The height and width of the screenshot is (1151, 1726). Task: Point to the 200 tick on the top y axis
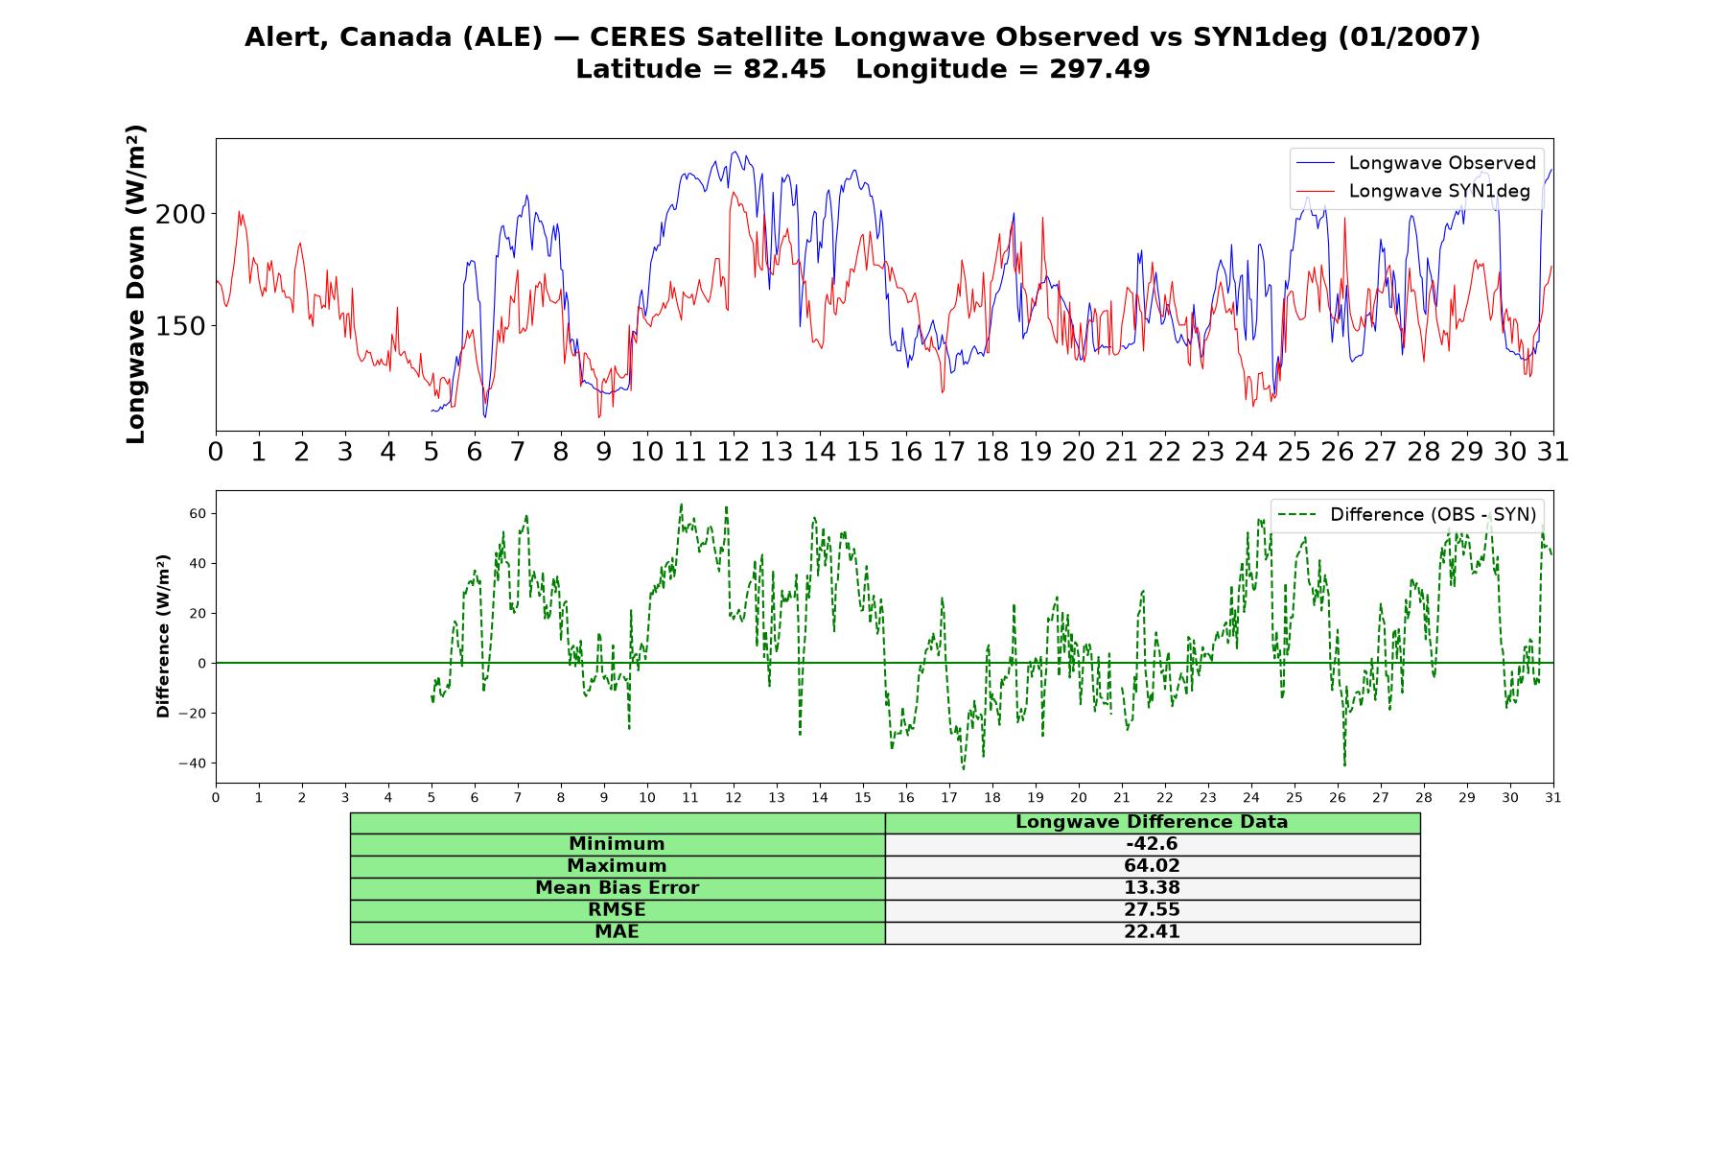(x=180, y=214)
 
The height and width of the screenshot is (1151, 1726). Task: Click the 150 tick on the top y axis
(x=180, y=326)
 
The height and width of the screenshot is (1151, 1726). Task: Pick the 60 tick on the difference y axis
(x=197, y=514)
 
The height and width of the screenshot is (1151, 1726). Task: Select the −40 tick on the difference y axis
(x=192, y=763)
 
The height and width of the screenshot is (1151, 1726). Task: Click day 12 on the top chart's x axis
(x=734, y=452)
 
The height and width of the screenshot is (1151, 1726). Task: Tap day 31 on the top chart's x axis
(x=1553, y=452)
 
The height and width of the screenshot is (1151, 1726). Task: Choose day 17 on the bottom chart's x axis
(x=949, y=797)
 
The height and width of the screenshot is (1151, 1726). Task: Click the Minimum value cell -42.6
(x=1152, y=844)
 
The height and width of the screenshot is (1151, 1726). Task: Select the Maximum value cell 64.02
(x=1152, y=866)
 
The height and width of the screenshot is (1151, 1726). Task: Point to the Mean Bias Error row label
(x=617, y=888)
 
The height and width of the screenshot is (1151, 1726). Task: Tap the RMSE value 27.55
(x=1152, y=910)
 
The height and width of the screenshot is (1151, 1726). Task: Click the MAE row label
(x=617, y=932)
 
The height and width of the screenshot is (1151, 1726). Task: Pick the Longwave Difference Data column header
(x=1152, y=822)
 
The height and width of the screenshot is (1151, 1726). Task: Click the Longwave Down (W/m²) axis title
(x=135, y=284)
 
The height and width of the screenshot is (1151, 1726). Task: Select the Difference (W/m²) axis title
(x=163, y=636)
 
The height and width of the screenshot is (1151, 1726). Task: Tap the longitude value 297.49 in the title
(x=1099, y=69)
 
